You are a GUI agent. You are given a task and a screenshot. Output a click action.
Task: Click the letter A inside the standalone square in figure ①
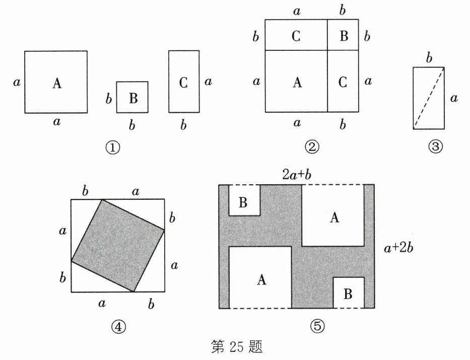[56, 84]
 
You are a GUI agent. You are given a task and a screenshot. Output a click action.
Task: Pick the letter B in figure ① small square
[133, 98]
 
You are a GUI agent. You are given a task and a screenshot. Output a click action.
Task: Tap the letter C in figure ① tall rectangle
[183, 83]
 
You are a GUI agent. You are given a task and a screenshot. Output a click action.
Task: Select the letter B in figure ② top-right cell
[343, 36]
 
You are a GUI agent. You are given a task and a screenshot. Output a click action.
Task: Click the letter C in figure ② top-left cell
[296, 36]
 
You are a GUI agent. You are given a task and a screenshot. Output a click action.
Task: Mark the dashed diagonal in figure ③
[429, 98]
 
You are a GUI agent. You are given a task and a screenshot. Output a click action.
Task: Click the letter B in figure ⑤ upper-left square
[243, 202]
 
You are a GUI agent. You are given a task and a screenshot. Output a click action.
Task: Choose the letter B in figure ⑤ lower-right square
[348, 294]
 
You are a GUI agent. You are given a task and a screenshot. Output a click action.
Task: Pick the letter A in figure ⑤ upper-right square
[333, 217]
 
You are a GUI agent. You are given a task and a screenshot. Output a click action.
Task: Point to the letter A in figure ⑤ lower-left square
[260, 280]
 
